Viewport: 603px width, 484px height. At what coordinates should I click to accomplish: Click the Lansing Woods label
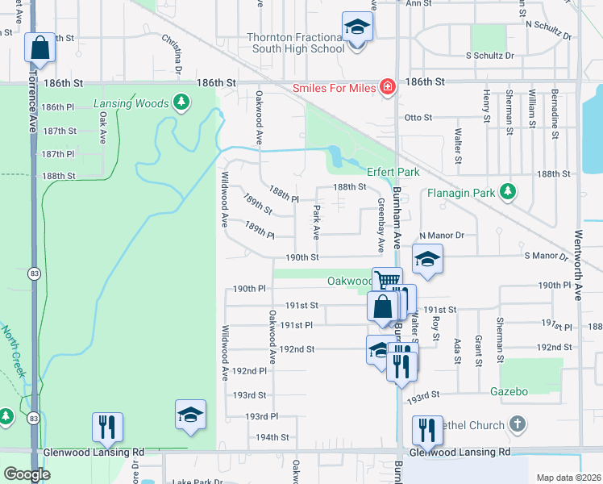click(131, 103)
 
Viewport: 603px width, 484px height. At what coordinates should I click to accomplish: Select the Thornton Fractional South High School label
click(296, 43)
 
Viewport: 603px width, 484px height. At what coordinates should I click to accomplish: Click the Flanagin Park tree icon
click(507, 191)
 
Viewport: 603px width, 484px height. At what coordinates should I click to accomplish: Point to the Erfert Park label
click(393, 173)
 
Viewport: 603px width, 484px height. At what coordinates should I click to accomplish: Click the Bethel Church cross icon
click(518, 423)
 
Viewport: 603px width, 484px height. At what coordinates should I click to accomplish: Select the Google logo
click(26, 474)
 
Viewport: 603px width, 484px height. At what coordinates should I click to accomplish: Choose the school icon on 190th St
click(426, 259)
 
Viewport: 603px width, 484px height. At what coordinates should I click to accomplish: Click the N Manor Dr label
click(442, 235)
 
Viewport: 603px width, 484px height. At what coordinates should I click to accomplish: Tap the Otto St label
click(418, 117)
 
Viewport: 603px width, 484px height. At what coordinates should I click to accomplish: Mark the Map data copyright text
click(568, 478)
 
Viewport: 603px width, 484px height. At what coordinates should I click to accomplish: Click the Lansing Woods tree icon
click(183, 102)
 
